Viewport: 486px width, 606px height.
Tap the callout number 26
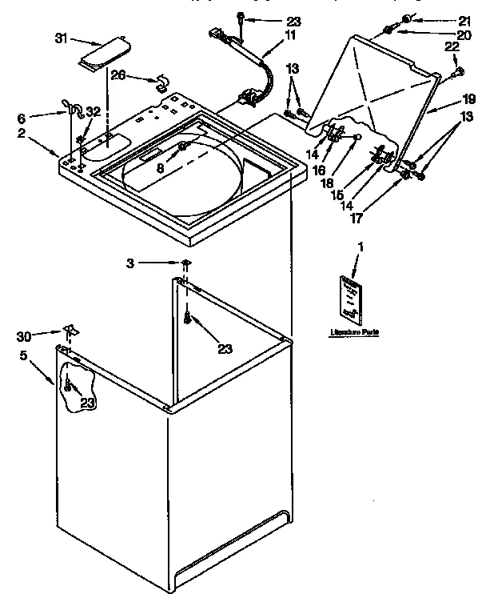(x=118, y=76)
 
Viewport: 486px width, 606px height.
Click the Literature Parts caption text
(x=353, y=331)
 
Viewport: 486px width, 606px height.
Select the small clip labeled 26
(x=160, y=79)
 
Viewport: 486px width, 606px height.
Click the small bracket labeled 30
(x=70, y=331)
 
